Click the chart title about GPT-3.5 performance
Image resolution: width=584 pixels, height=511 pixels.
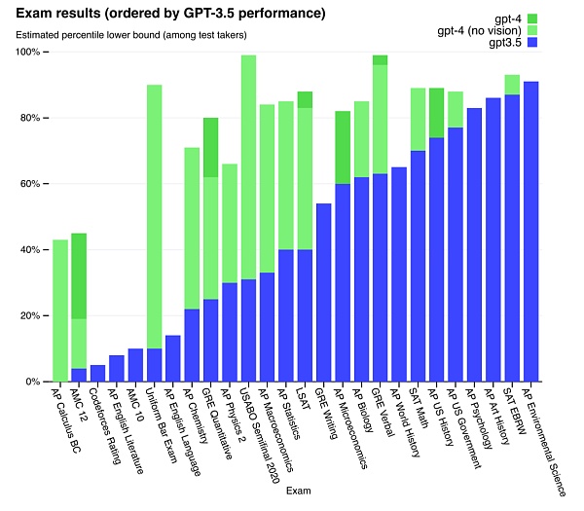181,14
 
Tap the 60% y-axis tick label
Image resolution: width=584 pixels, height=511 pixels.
28,184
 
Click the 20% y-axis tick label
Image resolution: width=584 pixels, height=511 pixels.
28,316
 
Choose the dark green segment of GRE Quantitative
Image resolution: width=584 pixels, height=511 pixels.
210,147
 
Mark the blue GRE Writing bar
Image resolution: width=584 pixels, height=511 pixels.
324,292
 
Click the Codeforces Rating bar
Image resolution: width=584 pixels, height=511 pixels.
97,374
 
